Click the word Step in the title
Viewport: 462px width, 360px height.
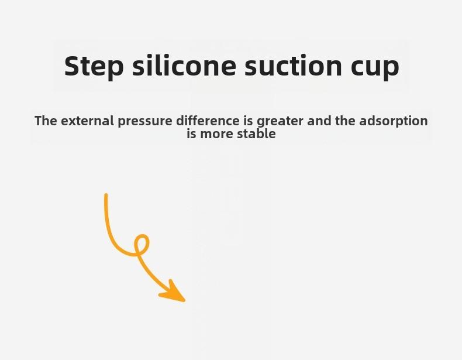(94, 66)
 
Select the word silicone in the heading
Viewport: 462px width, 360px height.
(184, 65)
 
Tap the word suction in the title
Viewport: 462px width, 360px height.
(294, 66)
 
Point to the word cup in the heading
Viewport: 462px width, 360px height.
(375, 68)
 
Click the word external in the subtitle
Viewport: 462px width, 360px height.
(87, 121)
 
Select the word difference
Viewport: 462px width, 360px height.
(208, 121)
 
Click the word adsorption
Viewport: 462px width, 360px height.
(394, 122)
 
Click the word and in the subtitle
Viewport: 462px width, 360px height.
(319, 121)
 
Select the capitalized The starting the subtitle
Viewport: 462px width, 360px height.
(46, 121)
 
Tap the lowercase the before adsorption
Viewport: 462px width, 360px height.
(345, 121)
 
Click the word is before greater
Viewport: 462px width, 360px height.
(248, 121)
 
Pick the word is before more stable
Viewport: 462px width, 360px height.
(191, 134)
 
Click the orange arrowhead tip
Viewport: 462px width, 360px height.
(184, 301)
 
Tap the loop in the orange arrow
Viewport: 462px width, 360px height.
(142, 245)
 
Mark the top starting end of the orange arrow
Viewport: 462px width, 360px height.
(106, 194)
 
